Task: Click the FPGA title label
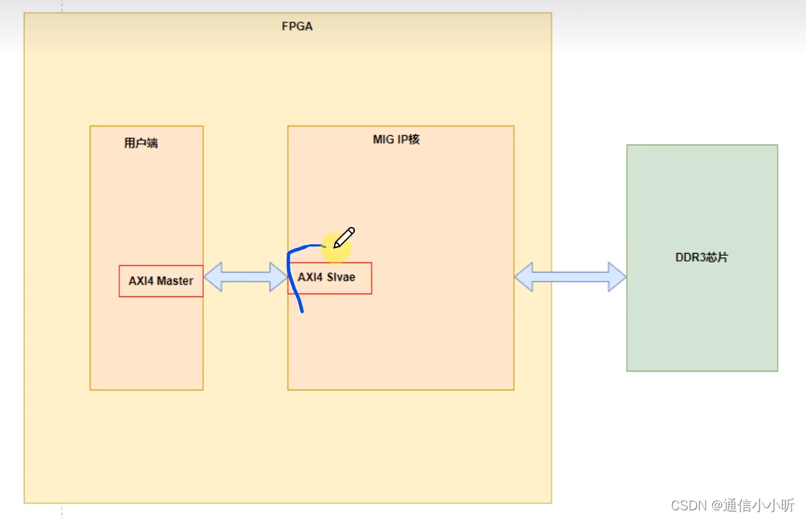(296, 27)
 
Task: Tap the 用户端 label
(141, 143)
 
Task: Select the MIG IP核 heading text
(396, 140)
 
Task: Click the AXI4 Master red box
(160, 281)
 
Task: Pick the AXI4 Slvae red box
(330, 278)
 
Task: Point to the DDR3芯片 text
(702, 257)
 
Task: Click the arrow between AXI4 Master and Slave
(246, 277)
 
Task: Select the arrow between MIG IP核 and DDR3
(570, 277)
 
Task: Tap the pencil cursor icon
(344, 237)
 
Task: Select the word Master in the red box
(175, 281)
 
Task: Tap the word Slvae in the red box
(340, 277)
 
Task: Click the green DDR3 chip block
(702, 318)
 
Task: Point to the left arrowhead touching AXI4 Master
(212, 277)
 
